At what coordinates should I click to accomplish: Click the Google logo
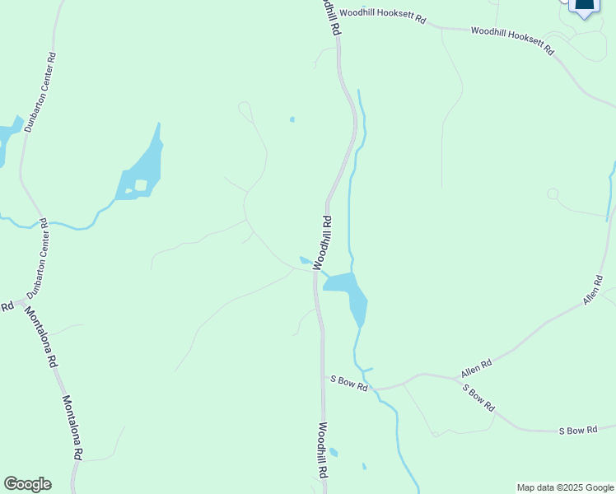click(x=27, y=484)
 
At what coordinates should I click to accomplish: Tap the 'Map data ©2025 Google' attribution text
click(x=565, y=487)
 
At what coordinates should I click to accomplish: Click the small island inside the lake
click(x=141, y=185)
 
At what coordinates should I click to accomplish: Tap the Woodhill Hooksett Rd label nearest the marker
click(x=512, y=41)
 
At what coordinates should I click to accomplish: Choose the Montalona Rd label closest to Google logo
click(x=72, y=428)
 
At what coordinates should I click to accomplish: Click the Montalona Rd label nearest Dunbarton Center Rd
click(x=40, y=338)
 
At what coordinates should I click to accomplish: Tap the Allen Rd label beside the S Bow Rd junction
click(x=476, y=368)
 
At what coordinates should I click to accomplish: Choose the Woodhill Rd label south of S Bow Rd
click(x=323, y=452)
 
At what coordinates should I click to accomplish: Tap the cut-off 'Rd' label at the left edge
click(x=7, y=306)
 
